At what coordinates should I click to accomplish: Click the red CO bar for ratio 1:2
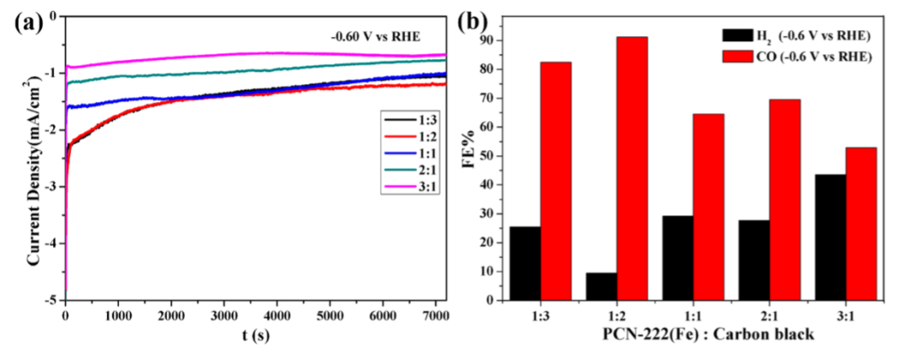[632, 169]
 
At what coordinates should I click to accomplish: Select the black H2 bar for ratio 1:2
[601, 286]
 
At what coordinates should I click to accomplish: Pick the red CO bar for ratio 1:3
[556, 180]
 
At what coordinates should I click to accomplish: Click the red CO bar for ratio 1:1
[709, 207]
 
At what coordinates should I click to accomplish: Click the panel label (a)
[29, 23]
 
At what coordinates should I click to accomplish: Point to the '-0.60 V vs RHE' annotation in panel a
[376, 36]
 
